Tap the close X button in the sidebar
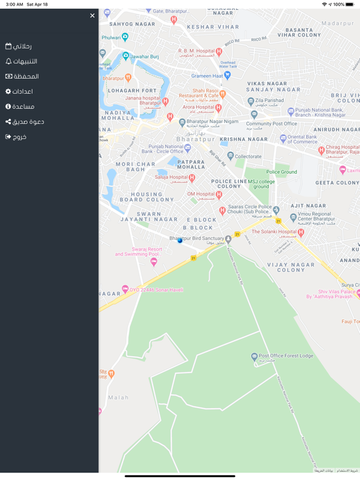pos(92,16)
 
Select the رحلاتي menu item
pos(19,46)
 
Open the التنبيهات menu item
pos(22,61)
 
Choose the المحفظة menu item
pos(22,76)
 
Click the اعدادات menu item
pos(19,91)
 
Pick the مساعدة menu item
pos(20,106)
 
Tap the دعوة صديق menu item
pos(25,121)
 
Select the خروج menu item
pos(16,136)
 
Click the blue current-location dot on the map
pos(180,240)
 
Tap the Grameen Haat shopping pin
pos(227,75)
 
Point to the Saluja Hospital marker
pos(192,177)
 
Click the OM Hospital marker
pos(219,194)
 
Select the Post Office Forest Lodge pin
pos(254,357)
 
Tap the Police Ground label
pos(282,172)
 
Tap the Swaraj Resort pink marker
pos(154,262)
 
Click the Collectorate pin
pos(231,156)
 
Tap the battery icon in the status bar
pos(350,4)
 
